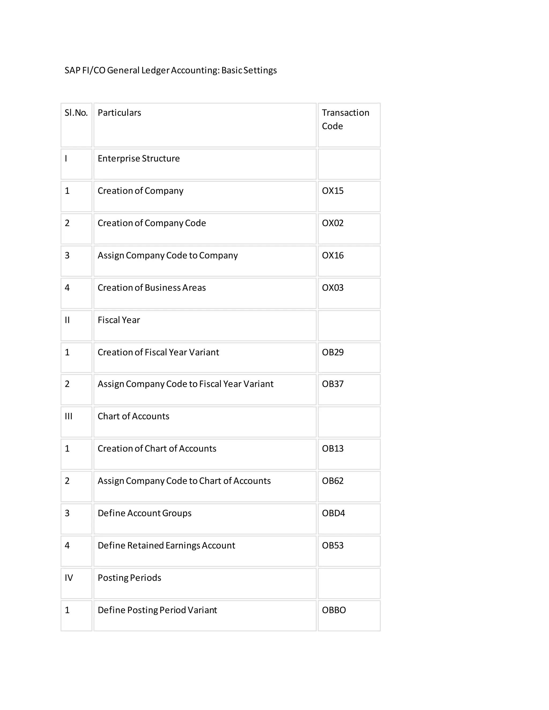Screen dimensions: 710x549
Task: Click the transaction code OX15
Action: pyautogui.click(x=332, y=191)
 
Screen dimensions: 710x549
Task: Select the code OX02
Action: pyautogui.click(x=332, y=223)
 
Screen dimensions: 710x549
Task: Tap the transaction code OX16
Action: pyautogui.click(x=332, y=256)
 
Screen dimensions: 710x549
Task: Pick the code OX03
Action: pyautogui.click(x=332, y=288)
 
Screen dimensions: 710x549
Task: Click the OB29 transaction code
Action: pyautogui.click(x=332, y=352)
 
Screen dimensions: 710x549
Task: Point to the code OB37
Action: pyautogui.click(x=332, y=384)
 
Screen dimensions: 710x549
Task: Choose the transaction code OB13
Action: pyautogui.click(x=332, y=449)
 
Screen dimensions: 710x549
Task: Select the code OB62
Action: pyautogui.click(x=332, y=481)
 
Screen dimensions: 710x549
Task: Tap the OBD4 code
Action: pyautogui.click(x=333, y=513)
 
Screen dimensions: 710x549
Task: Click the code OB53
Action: pyautogui.click(x=332, y=545)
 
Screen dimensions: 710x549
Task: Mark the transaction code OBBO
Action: pyautogui.click(x=334, y=610)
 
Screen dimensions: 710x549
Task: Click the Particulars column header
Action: pyautogui.click(x=119, y=113)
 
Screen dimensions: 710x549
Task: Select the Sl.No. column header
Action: pyautogui.click(x=76, y=113)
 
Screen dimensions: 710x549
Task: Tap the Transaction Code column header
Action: pyautogui.click(x=345, y=119)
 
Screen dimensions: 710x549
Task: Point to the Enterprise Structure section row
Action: pyautogui.click(x=139, y=159)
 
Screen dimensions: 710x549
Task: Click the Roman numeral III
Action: pyautogui.click(x=68, y=416)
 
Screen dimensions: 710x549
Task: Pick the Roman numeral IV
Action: pyautogui.click(x=69, y=578)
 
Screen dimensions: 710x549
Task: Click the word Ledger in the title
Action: pyautogui.click(x=155, y=70)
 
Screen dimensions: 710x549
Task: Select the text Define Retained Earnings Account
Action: pyautogui.click(x=166, y=545)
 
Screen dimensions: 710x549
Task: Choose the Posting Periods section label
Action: pyautogui.click(x=129, y=578)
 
